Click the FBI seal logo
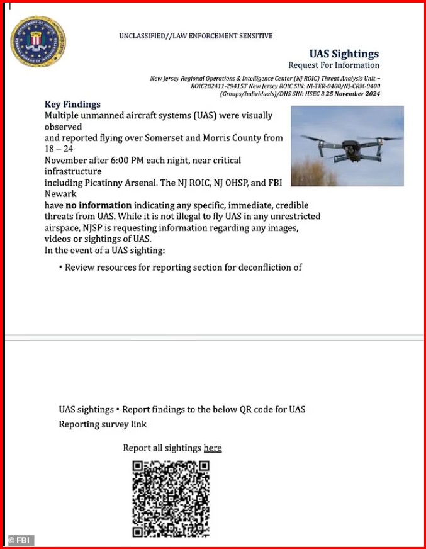(38, 42)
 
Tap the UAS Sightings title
(344, 54)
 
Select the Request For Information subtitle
(334, 65)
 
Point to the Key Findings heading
(72, 105)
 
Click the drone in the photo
(349, 146)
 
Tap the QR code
(171, 499)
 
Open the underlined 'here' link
(213, 448)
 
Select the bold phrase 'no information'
(99, 205)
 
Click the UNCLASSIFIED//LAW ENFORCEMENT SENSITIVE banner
(196, 37)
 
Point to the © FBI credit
(21, 540)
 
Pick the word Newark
(60, 194)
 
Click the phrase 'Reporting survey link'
(103, 424)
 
